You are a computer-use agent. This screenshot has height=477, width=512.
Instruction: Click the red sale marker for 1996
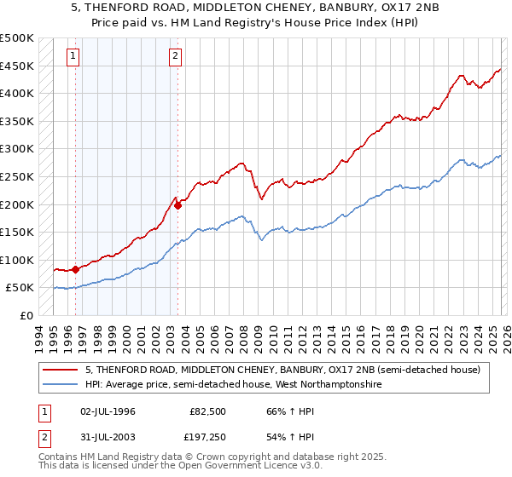(x=76, y=269)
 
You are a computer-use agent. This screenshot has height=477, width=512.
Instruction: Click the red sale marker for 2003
(x=177, y=205)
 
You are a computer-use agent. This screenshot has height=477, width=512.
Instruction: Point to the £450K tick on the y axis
(x=17, y=66)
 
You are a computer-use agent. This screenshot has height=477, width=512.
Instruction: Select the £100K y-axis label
(x=17, y=260)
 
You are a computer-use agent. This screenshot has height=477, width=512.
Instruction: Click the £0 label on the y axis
(x=26, y=316)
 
